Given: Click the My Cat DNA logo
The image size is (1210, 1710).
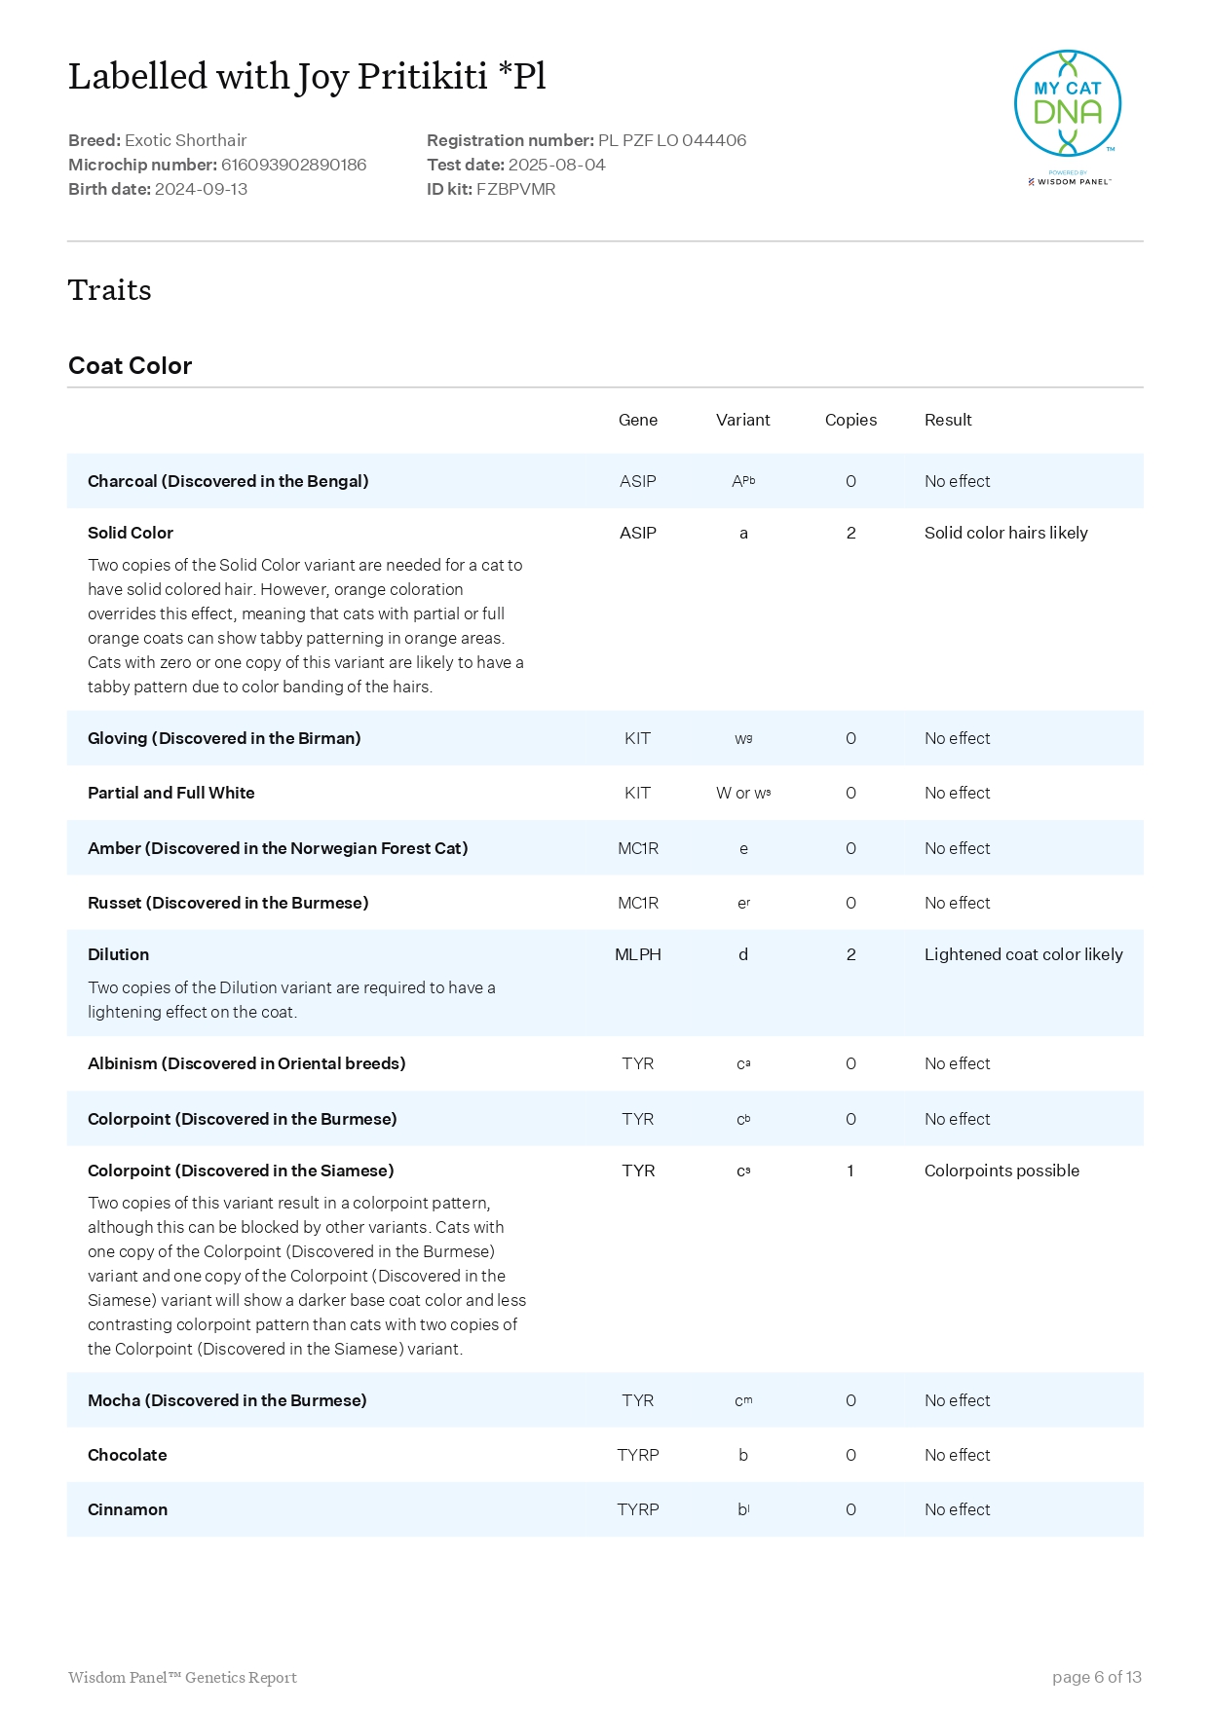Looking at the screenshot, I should point(1068,105).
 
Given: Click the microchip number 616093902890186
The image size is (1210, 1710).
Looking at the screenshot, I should point(293,165).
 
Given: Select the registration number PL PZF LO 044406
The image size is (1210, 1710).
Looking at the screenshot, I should point(671,140).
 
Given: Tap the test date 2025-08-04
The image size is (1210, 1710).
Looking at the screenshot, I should point(556,165).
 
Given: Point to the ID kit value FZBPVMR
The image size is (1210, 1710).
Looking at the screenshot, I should point(515,189).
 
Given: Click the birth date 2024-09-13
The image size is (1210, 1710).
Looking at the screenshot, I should point(201,189).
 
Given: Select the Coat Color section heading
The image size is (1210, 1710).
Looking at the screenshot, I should point(130,366).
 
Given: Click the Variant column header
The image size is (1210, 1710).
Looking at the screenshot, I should point(742,420).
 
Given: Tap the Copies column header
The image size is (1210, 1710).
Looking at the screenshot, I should point(851,420).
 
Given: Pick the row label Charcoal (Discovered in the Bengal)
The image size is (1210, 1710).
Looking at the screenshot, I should point(228,481).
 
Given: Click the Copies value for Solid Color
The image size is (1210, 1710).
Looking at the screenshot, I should point(851,533).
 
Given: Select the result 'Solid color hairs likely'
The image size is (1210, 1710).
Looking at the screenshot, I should point(1005,533).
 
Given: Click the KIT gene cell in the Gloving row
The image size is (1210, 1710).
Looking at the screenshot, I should point(637,738).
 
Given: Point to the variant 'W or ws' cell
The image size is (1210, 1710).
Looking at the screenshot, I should point(742,793).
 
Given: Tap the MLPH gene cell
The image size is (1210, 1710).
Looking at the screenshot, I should point(637,954).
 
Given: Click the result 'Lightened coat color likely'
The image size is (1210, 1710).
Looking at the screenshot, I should point(1023,954).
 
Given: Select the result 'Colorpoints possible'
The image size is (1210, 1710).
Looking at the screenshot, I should point(1002,1171).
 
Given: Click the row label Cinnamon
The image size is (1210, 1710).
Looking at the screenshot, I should point(128,1509).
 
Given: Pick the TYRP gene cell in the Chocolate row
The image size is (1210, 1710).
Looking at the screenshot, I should point(637,1455).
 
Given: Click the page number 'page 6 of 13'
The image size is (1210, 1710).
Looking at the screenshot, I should point(1096,1677).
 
